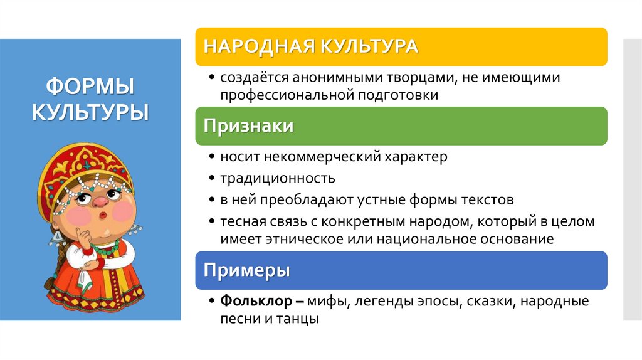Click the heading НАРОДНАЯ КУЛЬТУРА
click(x=311, y=46)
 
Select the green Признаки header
click(x=248, y=126)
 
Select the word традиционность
click(x=277, y=178)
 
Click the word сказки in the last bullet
click(x=487, y=301)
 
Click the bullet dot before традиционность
click(x=213, y=179)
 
